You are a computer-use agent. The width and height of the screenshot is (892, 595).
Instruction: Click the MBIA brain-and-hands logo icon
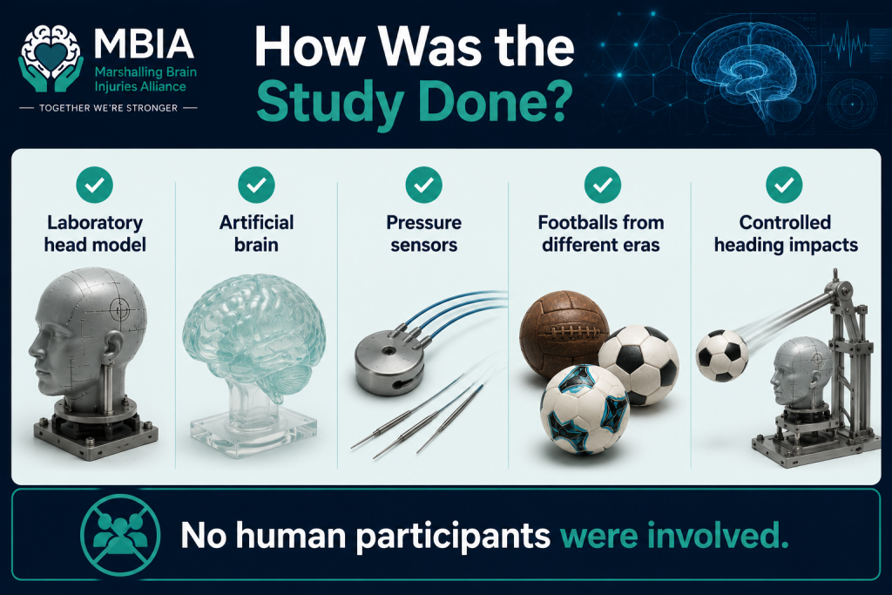pos(51,59)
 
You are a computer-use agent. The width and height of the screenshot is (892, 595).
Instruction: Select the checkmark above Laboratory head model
pos(94,185)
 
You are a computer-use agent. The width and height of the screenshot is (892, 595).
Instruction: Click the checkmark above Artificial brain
pos(257,185)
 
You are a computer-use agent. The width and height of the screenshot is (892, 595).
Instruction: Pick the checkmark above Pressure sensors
pos(424,185)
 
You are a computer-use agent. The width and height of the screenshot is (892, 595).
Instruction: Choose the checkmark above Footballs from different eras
pos(603,185)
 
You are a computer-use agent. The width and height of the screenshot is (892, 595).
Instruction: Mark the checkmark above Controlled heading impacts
pos(785,185)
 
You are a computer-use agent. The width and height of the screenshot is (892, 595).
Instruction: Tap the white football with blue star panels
pos(585,409)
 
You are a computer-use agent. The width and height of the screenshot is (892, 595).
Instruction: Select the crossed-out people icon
pos(120,533)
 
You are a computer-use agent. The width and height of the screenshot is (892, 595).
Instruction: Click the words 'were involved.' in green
pos(674,535)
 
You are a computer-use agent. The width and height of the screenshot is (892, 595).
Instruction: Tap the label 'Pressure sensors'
pos(424,233)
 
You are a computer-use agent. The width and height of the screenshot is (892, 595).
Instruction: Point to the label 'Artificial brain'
pos(257,233)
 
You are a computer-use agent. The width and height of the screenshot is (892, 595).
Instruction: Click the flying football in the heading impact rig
pos(722,355)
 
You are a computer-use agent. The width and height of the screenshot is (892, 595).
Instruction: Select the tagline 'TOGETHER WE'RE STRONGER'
pos(108,107)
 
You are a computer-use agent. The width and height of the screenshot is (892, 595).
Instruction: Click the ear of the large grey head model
pos(114,346)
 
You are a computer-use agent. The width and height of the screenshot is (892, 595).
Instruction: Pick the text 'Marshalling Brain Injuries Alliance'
pos(145,79)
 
